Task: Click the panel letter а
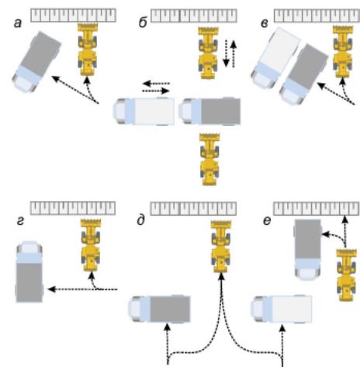click(x=18, y=23)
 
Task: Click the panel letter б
click(x=143, y=23)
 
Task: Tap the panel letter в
click(x=265, y=23)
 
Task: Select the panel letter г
click(x=20, y=221)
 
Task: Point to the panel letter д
click(x=140, y=220)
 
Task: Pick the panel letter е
click(x=267, y=221)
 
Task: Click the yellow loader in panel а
click(x=88, y=49)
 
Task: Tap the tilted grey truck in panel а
click(x=36, y=62)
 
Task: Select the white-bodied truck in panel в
click(x=275, y=58)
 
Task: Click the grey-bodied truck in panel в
click(x=304, y=74)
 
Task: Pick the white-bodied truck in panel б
click(x=144, y=111)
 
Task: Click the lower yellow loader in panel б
click(x=209, y=159)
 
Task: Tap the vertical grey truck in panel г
click(x=29, y=272)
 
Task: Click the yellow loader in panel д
click(x=221, y=247)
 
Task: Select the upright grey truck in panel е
click(x=308, y=250)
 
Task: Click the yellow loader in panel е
click(x=347, y=275)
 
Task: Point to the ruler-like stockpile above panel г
click(x=73, y=208)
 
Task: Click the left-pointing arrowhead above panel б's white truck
click(x=147, y=84)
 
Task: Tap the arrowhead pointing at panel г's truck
click(x=52, y=289)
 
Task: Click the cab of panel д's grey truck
click(x=139, y=309)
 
